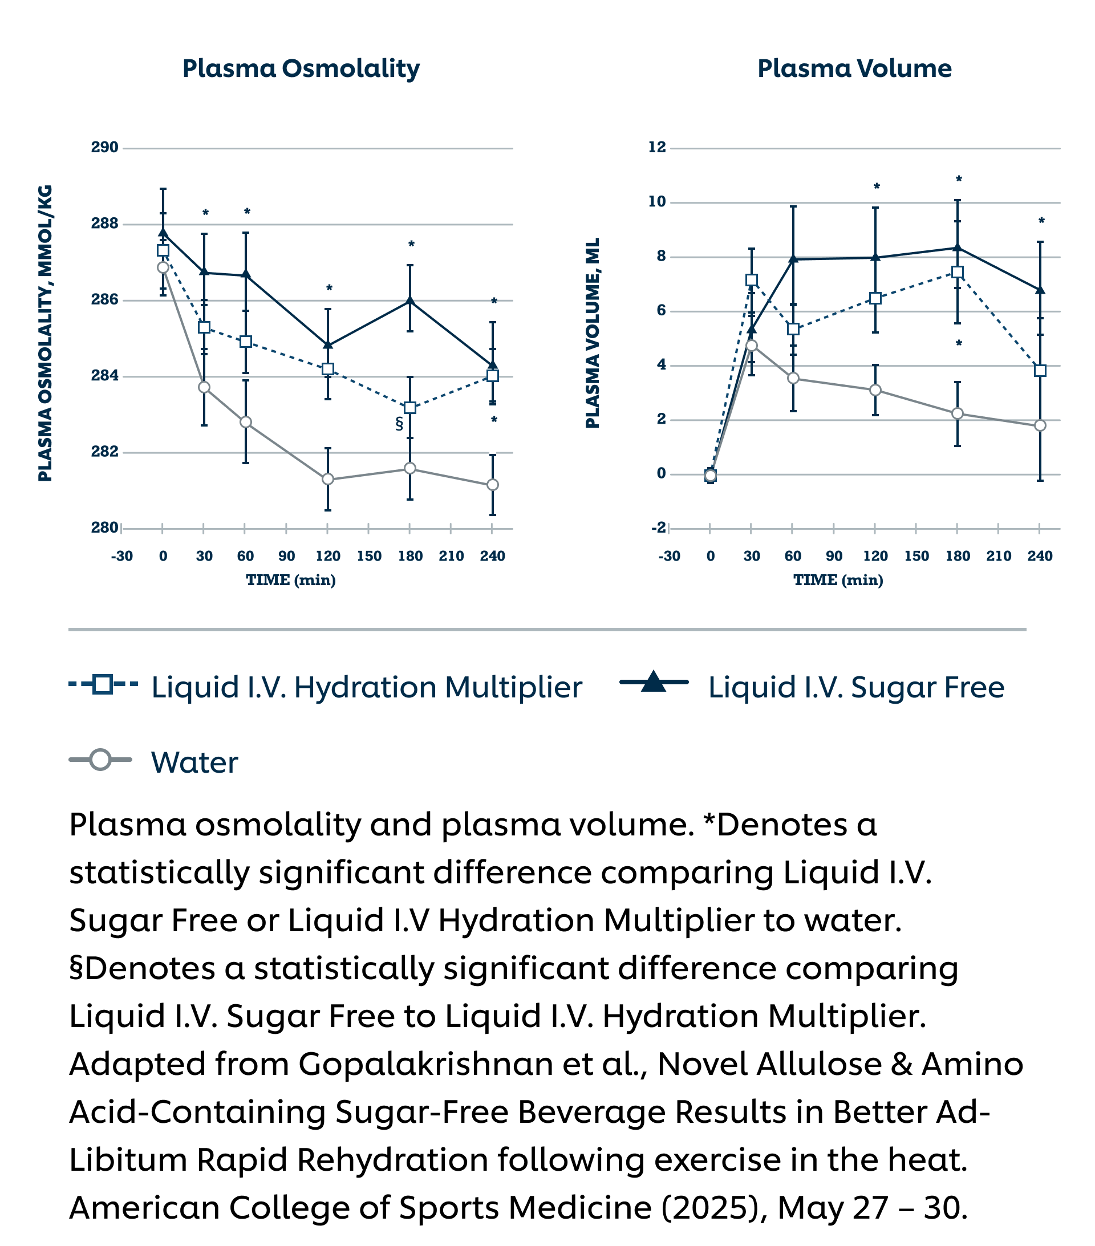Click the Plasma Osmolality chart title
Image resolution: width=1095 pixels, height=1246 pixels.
(x=301, y=68)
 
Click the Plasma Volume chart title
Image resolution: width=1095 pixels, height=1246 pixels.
(x=854, y=68)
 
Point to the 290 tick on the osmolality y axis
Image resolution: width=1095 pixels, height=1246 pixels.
(x=104, y=148)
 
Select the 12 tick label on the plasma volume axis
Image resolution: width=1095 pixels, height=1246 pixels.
(x=656, y=147)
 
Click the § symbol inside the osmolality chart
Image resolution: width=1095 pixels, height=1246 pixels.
(x=399, y=424)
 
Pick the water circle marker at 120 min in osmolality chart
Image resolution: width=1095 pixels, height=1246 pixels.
(x=327, y=479)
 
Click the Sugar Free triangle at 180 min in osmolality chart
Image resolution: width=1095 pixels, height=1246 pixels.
(x=409, y=301)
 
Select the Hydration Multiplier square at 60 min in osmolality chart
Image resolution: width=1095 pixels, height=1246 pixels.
(x=245, y=342)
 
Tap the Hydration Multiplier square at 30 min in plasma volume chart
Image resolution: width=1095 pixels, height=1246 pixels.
(x=751, y=281)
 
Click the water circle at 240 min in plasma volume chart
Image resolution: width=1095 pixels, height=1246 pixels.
(x=1040, y=425)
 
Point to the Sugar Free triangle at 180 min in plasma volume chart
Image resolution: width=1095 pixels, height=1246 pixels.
(x=957, y=247)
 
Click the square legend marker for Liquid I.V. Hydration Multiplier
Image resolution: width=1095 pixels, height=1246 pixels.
(x=103, y=684)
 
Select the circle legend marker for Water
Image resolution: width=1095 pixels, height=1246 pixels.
(x=100, y=760)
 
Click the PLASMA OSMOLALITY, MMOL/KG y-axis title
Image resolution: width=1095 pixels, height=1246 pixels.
(x=45, y=333)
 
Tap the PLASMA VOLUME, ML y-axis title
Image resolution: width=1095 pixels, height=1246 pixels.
(x=593, y=333)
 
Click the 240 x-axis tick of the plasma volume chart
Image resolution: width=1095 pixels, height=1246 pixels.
(x=1040, y=556)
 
